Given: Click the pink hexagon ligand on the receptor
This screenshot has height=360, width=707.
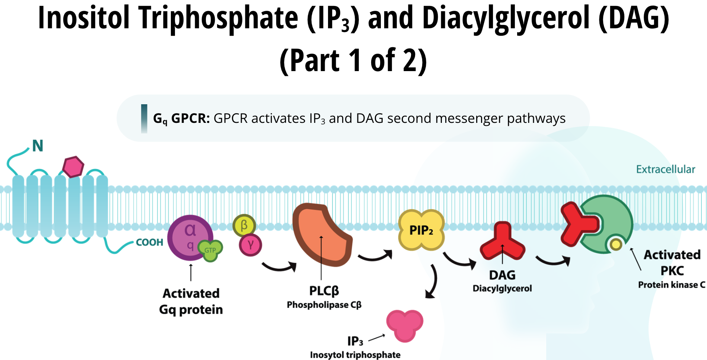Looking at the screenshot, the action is coord(73,167).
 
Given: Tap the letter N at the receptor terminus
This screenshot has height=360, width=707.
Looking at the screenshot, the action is coord(38,146).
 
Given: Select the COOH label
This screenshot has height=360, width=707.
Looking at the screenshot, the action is coord(150,242).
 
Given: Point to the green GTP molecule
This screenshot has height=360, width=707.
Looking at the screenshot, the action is coord(210,250).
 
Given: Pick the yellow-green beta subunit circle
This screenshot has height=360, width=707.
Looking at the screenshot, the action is coord(244,225).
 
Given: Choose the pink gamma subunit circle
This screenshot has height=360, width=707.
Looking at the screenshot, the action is coord(251,245).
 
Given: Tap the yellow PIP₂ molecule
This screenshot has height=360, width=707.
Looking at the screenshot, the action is coord(421,230).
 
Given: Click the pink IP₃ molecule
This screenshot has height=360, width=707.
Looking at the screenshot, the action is coord(405,325).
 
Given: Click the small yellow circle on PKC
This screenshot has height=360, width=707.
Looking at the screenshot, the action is coord(616,244).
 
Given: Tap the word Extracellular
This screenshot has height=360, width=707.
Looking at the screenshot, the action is coord(665,169).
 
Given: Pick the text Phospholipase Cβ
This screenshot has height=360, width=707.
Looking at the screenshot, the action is coord(324,305).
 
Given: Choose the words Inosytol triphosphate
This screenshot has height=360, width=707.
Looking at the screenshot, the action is coord(355,355).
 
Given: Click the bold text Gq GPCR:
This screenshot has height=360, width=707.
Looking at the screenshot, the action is coord(181,118).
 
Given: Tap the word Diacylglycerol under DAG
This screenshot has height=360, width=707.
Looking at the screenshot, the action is coord(502,289).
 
